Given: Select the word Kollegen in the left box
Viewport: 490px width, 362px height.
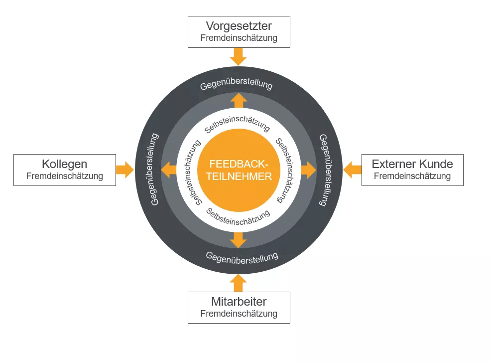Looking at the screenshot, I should (x=65, y=164).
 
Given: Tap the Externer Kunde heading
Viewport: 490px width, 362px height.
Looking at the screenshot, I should (x=412, y=164).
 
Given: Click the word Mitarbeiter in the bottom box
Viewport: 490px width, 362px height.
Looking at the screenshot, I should (x=239, y=302).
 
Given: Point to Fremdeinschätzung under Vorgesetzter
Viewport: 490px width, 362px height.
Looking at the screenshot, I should (x=239, y=38).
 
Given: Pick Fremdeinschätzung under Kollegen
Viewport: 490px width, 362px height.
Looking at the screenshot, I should (x=65, y=176).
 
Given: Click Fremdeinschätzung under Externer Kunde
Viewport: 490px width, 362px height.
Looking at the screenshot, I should (x=412, y=176).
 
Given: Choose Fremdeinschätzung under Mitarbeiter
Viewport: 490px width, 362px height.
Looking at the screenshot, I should (x=239, y=314).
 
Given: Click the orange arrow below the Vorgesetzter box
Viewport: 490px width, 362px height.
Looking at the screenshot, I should (x=239, y=56).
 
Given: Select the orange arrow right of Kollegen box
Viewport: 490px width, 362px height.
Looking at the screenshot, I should (x=125, y=170).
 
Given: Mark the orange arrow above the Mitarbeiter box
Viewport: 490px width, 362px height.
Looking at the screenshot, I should (x=239, y=283).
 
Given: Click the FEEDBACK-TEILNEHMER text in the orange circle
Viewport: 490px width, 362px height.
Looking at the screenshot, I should (x=239, y=170).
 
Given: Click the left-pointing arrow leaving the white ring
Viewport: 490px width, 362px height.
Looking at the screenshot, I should (x=169, y=170).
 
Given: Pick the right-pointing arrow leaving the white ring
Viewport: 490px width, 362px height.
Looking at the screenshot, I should (x=309, y=170).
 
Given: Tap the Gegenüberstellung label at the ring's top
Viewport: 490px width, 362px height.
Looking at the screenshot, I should (x=237, y=84).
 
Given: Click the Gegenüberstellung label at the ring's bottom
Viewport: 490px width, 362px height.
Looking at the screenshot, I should (x=242, y=257).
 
